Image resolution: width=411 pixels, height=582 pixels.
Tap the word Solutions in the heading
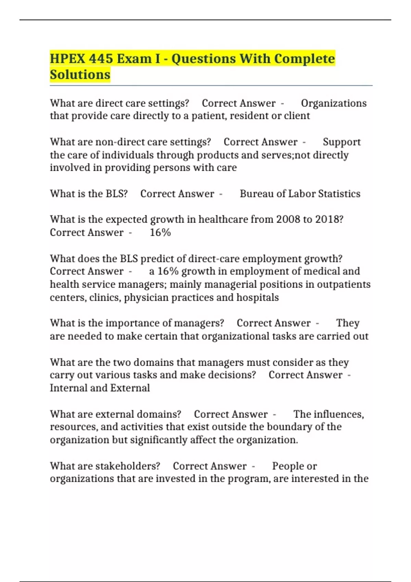80,74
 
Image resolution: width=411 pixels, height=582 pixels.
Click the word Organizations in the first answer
334,103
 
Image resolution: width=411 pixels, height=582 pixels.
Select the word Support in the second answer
341,142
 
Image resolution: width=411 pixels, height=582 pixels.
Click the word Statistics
339,193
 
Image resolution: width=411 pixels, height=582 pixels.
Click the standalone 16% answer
160,232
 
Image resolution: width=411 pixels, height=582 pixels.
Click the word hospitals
258,297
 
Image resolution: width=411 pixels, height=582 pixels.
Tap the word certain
161,336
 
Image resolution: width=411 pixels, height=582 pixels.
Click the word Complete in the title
304,59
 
